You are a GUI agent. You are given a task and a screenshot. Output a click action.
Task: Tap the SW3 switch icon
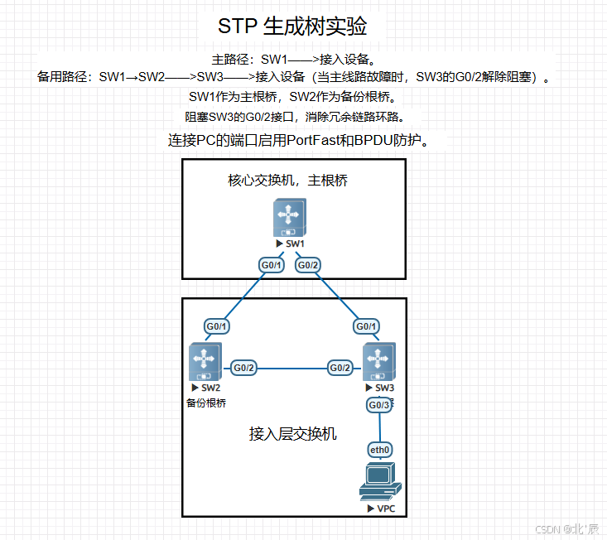[x=380, y=361]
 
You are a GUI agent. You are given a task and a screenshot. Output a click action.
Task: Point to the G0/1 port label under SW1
[x=272, y=265]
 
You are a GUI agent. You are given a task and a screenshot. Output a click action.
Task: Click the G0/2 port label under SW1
[x=308, y=265]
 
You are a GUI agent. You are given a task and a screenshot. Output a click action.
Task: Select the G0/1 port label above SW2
[x=216, y=326]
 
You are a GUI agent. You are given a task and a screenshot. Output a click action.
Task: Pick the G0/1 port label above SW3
[x=366, y=326]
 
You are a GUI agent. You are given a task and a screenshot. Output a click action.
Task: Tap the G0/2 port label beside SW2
[x=243, y=368]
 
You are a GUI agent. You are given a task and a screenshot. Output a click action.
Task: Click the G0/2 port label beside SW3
[x=340, y=368]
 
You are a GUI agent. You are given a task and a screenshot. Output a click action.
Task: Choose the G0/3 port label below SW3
[x=378, y=405]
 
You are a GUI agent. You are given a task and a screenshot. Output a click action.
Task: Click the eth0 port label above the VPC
[x=380, y=450]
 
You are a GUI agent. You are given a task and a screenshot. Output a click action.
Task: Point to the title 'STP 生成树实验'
[x=292, y=26]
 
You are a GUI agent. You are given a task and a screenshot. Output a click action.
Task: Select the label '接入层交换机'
[x=293, y=433]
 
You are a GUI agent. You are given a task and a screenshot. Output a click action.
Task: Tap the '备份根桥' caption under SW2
[x=206, y=403]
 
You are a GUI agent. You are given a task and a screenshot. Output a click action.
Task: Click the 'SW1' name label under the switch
[x=295, y=244]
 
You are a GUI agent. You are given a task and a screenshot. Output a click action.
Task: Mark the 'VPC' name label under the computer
[x=385, y=508]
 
